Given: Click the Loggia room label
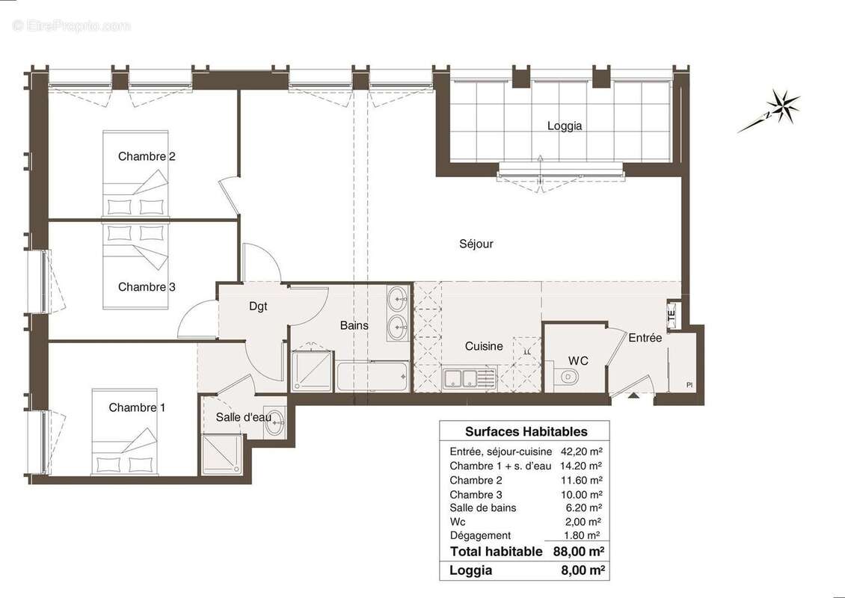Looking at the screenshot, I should (564, 126).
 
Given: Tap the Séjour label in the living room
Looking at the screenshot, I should (476, 244).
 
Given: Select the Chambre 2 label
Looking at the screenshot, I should (147, 156).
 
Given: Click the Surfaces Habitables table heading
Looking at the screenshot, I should (526, 431).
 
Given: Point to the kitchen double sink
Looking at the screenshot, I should (468, 378).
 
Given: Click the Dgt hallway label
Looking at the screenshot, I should (257, 306).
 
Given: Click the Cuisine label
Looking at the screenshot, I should (484, 346).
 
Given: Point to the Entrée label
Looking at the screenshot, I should (645, 338).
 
